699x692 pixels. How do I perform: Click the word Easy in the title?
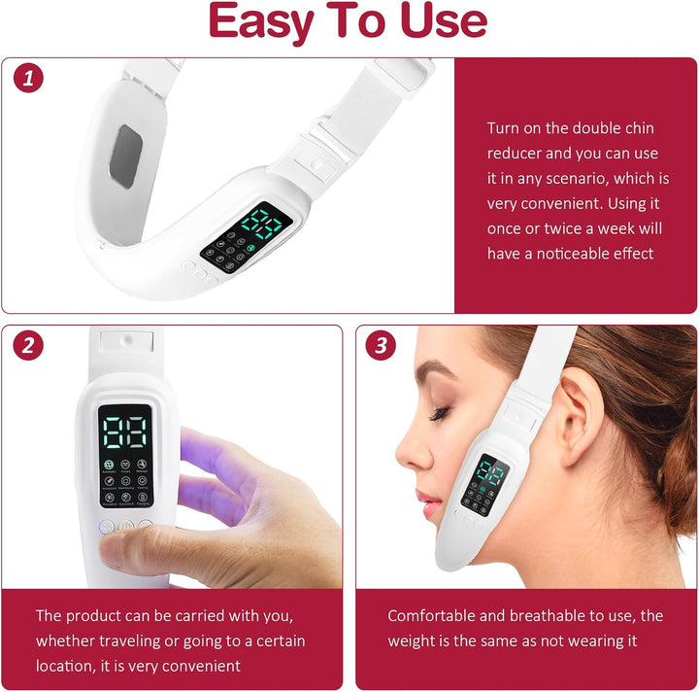point(268,23)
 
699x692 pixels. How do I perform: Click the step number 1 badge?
point(29,79)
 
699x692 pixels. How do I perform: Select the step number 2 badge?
point(29,344)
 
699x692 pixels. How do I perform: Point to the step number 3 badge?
point(381,344)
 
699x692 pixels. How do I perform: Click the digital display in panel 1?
point(260,225)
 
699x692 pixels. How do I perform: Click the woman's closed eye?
point(440,412)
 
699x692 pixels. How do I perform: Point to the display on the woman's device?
point(487,473)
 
